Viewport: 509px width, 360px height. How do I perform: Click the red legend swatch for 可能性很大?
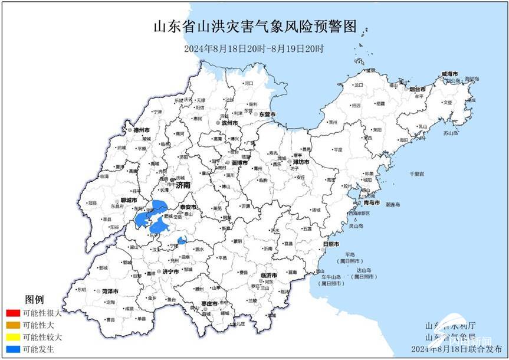10,313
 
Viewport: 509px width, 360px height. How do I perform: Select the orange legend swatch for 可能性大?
10,325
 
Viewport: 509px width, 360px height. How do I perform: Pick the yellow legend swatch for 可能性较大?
10,337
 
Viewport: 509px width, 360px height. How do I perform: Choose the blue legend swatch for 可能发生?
10,349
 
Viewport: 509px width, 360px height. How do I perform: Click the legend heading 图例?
34,300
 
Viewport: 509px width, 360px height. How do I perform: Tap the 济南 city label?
182,185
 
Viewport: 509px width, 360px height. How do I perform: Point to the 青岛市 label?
371,202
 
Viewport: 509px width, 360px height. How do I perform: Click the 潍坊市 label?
301,161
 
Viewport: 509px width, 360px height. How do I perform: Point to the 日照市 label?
332,244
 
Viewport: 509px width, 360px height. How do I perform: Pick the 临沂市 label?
268,275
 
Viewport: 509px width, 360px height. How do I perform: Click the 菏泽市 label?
110,292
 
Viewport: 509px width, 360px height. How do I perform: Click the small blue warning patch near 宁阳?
182,240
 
